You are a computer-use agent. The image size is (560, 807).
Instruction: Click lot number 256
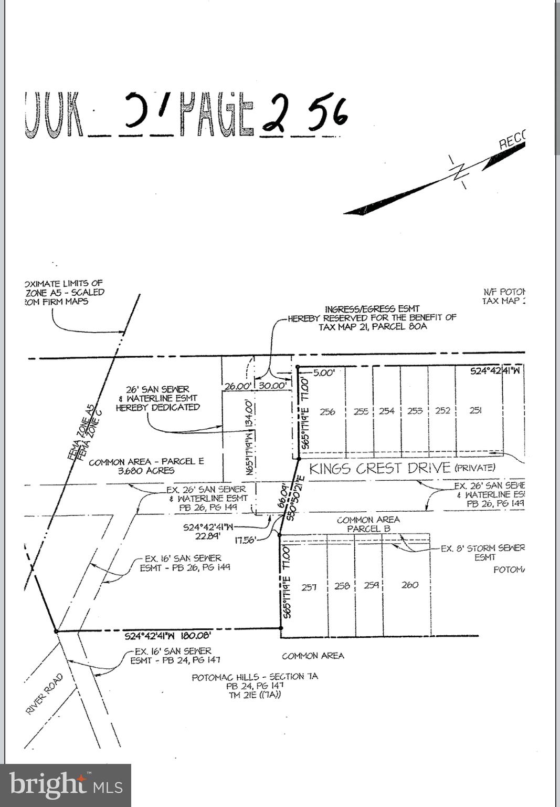(327, 411)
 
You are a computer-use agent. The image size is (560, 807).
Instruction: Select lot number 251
(476, 410)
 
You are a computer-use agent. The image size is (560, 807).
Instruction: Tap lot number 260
(409, 585)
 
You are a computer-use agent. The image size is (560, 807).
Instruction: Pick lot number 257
(309, 587)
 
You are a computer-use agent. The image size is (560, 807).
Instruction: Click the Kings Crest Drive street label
(379, 468)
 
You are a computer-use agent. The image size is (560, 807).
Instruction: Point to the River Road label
(44, 694)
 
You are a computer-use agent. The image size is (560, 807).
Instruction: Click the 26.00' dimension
(237, 386)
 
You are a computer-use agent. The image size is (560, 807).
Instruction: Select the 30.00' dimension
(272, 386)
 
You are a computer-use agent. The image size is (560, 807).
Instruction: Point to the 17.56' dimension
(246, 540)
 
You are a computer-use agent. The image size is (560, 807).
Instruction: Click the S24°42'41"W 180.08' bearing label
(167, 636)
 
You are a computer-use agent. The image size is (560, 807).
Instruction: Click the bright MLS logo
(66, 785)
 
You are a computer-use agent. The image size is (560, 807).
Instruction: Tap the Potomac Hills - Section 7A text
(255, 677)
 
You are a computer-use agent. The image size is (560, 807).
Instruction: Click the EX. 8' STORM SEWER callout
(482, 548)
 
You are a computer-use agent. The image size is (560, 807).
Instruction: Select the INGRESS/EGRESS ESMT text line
(372, 309)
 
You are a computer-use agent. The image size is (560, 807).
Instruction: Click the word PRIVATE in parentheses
(474, 468)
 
